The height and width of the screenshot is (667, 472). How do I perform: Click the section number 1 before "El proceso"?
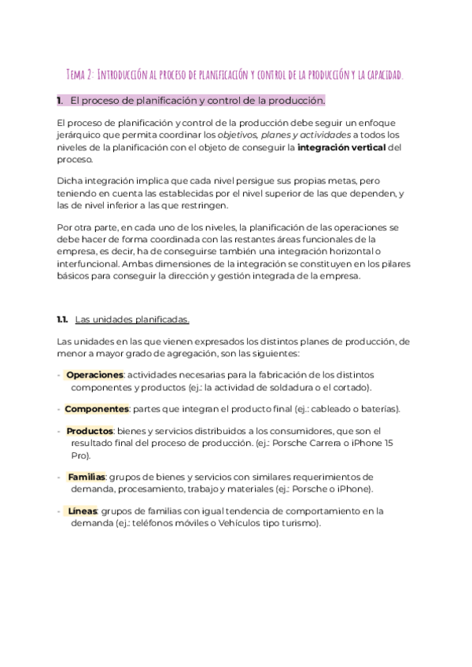[x=60, y=101]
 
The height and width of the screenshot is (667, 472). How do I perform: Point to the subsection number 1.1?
[x=63, y=319]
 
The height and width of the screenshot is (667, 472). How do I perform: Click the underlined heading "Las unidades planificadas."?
[x=132, y=319]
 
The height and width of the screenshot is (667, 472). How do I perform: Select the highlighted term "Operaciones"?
[x=94, y=374]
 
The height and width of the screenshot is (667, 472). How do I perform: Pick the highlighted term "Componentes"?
[x=96, y=409]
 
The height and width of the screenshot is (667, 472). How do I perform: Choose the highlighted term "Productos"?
[x=90, y=431]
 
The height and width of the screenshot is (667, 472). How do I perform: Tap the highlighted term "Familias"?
[x=87, y=477]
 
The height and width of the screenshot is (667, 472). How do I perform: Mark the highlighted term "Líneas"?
[x=83, y=510]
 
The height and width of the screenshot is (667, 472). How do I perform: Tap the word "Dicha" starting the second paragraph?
[x=70, y=181]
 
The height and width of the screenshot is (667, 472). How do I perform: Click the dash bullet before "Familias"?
[x=60, y=477]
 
